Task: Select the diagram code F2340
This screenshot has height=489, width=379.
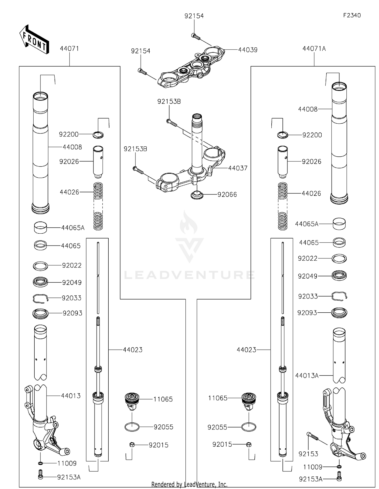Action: (352, 15)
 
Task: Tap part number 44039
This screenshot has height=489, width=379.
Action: (248, 50)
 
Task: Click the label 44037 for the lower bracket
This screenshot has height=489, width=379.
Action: (238, 168)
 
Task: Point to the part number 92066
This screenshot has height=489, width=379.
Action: (227, 195)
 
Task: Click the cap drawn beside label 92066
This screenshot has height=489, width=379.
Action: (197, 195)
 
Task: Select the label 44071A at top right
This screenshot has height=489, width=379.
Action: (314, 49)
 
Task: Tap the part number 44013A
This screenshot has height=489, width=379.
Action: (307, 376)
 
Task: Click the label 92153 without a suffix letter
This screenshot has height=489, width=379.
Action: (308, 454)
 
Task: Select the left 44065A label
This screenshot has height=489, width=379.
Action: (73, 228)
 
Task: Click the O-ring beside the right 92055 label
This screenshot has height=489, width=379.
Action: (249, 427)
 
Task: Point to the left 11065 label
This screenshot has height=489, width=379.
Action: (163, 399)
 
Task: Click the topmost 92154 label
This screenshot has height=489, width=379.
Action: (194, 16)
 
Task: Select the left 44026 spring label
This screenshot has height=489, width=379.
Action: (69, 192)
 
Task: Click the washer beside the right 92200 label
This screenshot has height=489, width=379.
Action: (282, 135)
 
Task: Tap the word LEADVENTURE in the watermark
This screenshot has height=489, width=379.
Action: (189, 275)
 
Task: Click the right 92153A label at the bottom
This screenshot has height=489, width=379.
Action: (311, 479)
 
